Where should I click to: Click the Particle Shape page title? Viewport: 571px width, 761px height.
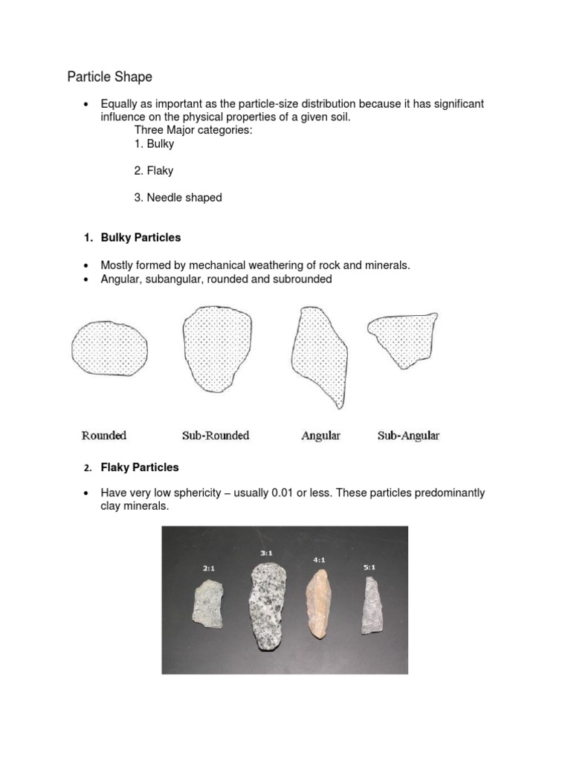(109, 77)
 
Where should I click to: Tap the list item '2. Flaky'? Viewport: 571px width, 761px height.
(154, 170)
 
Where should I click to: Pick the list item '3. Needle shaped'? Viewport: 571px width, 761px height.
(178, 197)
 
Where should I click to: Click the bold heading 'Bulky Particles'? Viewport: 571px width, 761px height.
(141, 238)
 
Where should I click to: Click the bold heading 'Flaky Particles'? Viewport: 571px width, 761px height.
(140, 467)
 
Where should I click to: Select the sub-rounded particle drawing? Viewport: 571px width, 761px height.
(216, 349)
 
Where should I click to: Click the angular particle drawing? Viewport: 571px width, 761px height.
(319, 355)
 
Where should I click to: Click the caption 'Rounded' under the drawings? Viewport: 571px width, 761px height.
(103, 435)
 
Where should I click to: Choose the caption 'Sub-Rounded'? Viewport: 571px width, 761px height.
(216, 435)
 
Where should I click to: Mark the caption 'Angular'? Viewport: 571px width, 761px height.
(320, 435)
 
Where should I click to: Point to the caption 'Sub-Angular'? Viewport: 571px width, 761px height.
(408, 435)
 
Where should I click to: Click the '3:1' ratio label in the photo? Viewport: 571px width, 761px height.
(266, 552)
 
